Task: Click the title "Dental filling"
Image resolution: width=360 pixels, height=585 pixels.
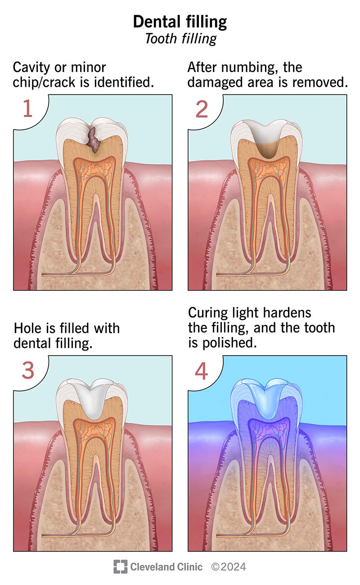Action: (180, 22)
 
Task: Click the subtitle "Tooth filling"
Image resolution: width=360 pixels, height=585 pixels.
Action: (181, 39)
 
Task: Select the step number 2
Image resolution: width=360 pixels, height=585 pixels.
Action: (202, 109)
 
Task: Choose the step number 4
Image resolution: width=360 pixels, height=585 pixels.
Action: (202, 371)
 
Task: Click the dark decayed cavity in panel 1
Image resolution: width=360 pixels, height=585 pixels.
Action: (94, 139)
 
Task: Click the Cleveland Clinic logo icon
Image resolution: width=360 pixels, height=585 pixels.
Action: (121, 567)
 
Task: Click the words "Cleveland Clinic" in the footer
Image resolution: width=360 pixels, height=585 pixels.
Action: (166, 567)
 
